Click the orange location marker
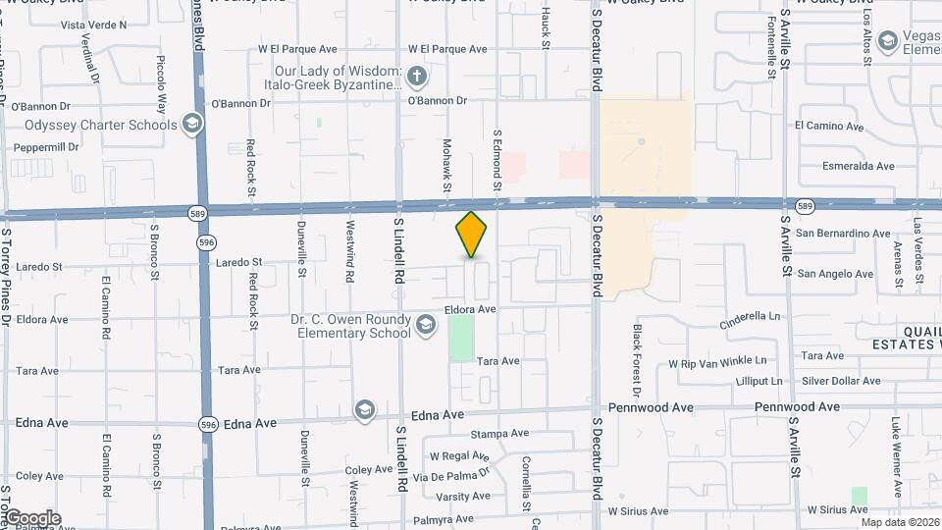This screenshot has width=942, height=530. tap(472, 235)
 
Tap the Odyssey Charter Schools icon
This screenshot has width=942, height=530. tap(192, 125)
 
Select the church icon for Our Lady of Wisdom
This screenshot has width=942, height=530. tap(416, 76)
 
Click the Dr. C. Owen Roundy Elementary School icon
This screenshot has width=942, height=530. tap(426, 324)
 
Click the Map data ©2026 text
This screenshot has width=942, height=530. tap(900, 521)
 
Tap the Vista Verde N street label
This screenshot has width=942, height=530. tap(94, 24)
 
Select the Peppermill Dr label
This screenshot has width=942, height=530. tap(45, 147)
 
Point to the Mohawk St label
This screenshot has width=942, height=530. tap(446, 164)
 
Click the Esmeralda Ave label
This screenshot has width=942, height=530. tap(859, 166)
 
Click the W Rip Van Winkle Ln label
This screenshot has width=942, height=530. tap(723, 362)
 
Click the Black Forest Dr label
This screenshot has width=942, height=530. tap(637, 355)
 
